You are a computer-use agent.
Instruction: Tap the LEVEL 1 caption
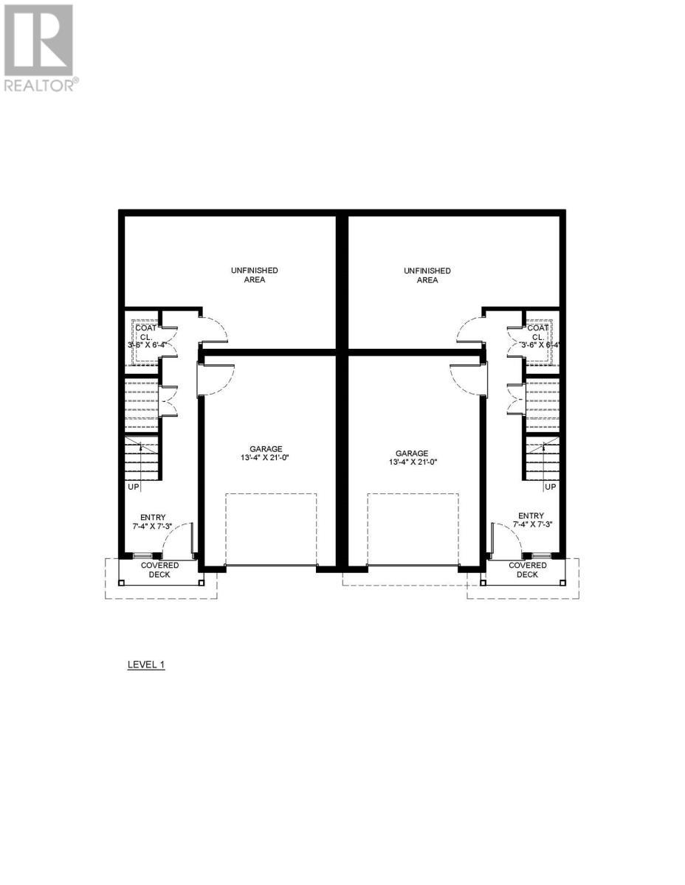coord(146,664)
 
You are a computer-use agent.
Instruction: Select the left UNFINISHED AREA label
coord(254,275)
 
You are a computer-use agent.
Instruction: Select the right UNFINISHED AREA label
coord(427,275)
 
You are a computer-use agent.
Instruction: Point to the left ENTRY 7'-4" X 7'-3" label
coord(156,521)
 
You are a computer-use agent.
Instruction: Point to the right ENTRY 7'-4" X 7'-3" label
coord(531,521)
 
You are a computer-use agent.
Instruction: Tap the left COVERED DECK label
coord(159,569)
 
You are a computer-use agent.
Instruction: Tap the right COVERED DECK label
coord(528,569)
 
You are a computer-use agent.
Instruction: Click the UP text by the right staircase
coord(550,487)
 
